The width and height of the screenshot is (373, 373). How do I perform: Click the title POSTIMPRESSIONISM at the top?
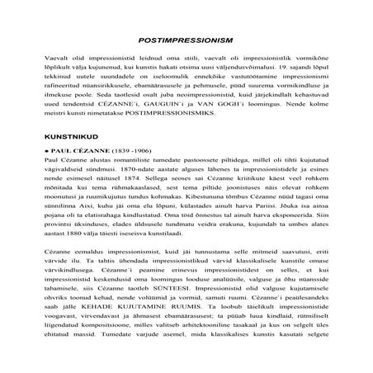pos(186,40)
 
